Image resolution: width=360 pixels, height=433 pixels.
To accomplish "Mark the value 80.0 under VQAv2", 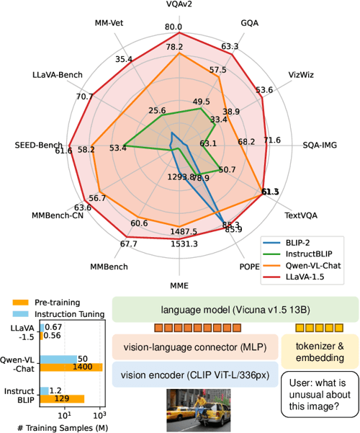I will click(x=173, y=27).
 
